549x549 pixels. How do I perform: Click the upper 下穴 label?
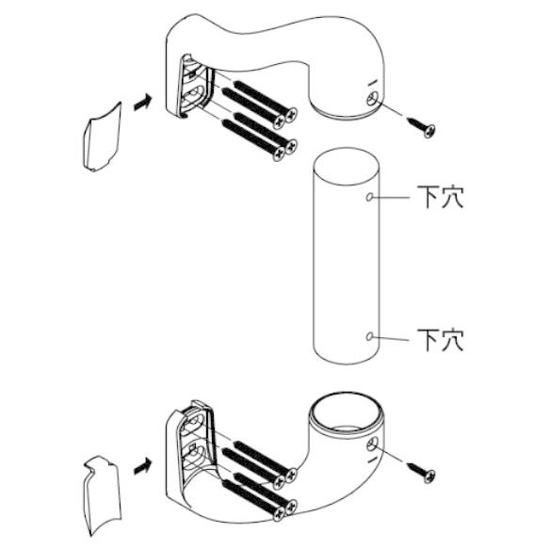coord(441,197)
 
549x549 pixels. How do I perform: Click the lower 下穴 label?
coord(441,339)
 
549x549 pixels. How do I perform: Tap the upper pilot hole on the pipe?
coord(369,197)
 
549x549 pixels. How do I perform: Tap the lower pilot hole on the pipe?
coord(369,336)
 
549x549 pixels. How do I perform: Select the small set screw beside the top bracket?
coord(421,127)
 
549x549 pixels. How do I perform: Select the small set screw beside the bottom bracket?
coord(421,473)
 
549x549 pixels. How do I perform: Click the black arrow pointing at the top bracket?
coord(143,103)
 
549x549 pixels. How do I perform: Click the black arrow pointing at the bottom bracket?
coord(143,466)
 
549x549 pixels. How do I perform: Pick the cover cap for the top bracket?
coord(102,137)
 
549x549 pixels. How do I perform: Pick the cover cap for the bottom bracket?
coord(102,494)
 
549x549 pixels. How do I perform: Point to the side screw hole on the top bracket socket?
coord(372,98)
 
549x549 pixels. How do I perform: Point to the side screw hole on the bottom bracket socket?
coord(372,445)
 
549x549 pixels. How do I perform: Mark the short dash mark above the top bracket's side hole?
coord(372,83)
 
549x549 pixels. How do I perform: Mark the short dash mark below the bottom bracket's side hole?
coord(372,460)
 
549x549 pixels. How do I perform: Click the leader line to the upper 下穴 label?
coord(391,198)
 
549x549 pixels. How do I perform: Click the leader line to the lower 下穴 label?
coord(391,338)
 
